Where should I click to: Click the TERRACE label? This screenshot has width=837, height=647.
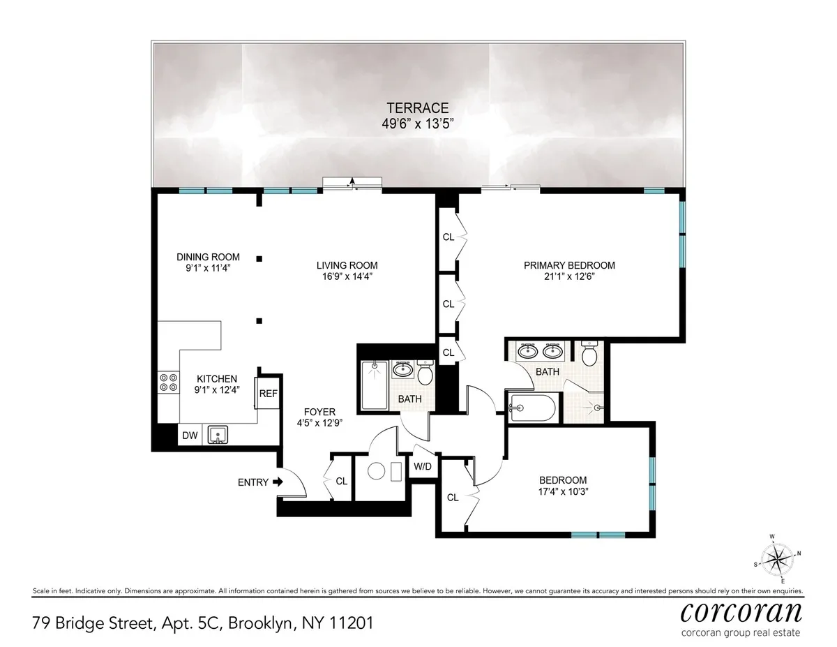click(418, 108)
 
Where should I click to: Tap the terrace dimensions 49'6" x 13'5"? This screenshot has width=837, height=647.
click(418, 124)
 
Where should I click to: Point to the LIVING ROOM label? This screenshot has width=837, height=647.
click(347, 265)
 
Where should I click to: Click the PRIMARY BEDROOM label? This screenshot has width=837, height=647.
click(569, 265)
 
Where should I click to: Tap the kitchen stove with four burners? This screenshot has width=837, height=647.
click(167, 382)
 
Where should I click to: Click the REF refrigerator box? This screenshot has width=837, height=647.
click(269, 394)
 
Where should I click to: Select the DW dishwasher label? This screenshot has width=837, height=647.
click(190, 436)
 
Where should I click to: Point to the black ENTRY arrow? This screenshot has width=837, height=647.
click(277, 482)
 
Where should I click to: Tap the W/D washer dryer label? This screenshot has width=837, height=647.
click(422, 466)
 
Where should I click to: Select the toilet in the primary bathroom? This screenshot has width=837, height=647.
click(589, 355)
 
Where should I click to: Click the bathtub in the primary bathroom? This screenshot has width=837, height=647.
click(531, 407)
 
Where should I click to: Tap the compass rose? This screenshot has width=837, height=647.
click(777, 558)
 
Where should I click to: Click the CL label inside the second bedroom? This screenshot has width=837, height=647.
click(453, 498)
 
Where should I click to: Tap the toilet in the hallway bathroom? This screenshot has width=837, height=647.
click(425, 375)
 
